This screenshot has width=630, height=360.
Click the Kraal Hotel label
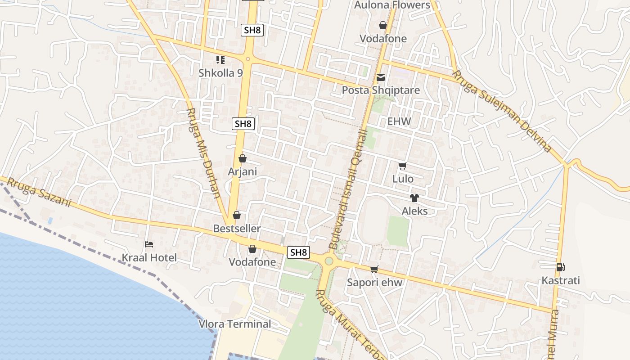click(149, 258)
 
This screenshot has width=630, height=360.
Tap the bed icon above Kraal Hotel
click(149, 244)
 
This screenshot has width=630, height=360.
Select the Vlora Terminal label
click(235, 324)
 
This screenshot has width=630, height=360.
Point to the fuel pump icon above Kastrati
click(560, 267)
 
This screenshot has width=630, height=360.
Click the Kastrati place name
click(561, 281)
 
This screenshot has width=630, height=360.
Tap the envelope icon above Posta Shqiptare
click(381, 77)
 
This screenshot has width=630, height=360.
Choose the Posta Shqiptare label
click(381, 90)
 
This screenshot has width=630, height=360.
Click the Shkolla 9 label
click(220, 73)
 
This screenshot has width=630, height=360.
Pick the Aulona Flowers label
click(392, 5)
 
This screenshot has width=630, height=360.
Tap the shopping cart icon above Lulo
click(402, 166)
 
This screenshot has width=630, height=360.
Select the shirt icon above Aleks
click(414, 198)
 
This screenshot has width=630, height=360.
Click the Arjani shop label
click(243, 171)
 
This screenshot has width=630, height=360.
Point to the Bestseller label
click(237, 229)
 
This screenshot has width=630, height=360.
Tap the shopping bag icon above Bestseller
click(237, 216)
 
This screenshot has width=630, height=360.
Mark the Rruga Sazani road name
click(39, 193)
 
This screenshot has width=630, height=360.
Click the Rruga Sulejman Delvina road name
click(502, 111)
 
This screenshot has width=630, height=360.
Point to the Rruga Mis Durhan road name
click(203, 153)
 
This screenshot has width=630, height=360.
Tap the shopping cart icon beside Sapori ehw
click(374, 269)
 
